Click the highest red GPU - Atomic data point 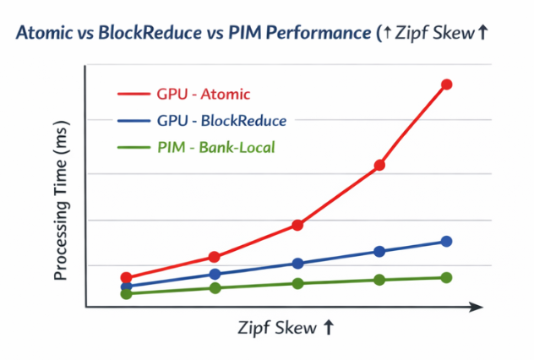coord(446,85)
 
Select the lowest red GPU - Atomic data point coord(127,277)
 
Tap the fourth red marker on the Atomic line coord(379,165)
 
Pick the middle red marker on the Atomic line coord(297,225)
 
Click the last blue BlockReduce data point coord(446,242)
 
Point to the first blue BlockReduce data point coord(127,286)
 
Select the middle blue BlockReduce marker coord(297,264)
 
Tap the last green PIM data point coord(446,277)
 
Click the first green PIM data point coord(127,294)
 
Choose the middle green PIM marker coord(297,283)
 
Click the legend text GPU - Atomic coord(204,94)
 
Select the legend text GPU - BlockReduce coord(221,121)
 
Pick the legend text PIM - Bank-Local coord(216,148)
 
